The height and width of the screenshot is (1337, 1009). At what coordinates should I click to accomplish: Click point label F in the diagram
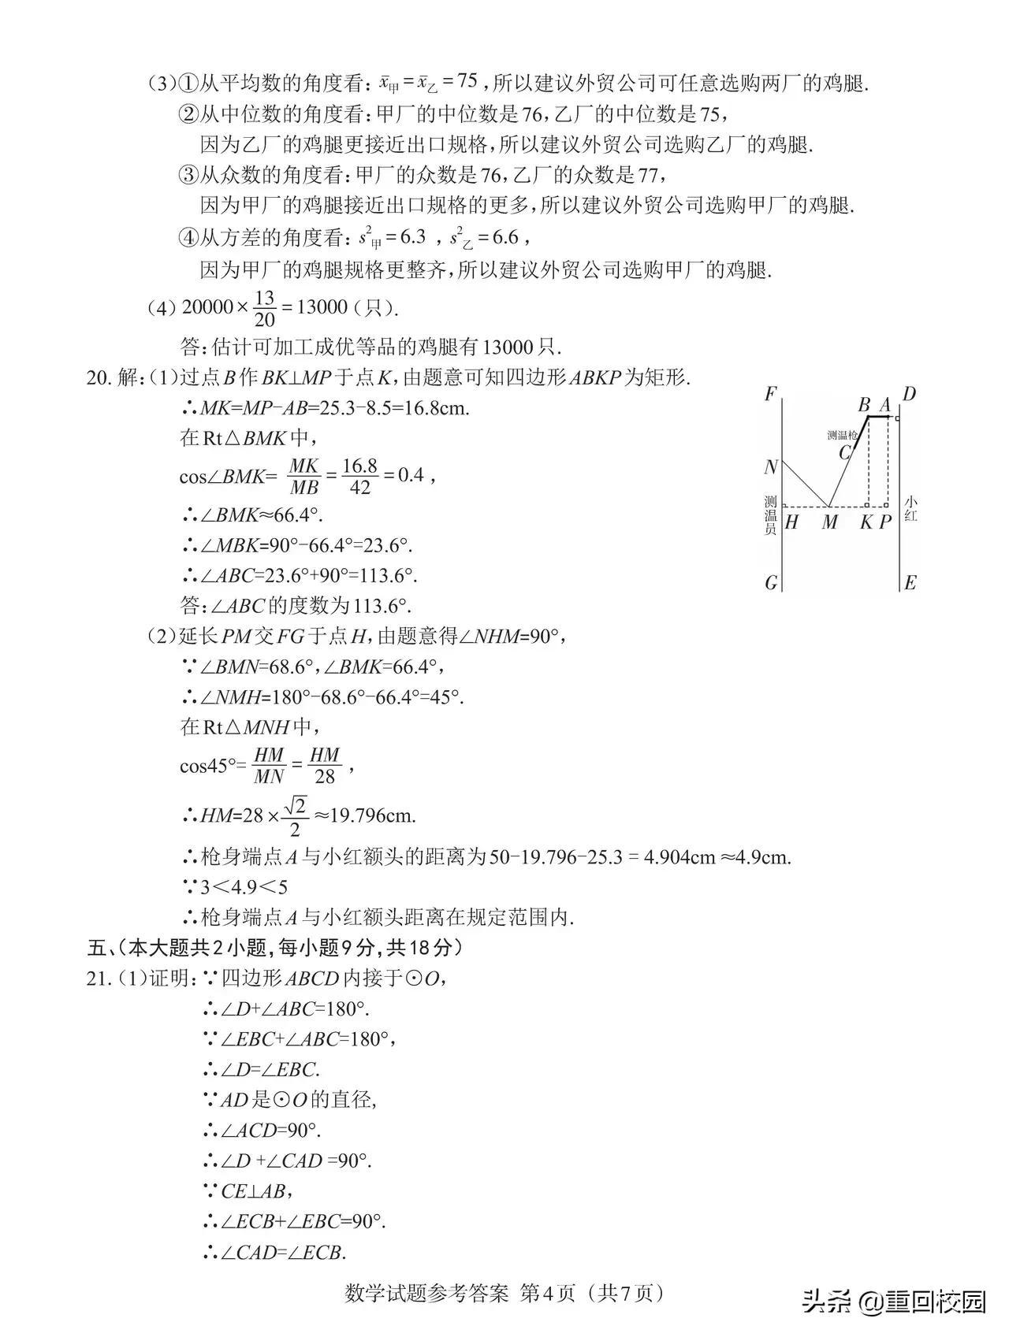click(x=771, y=394)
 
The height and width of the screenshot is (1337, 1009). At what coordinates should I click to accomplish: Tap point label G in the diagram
click(x=771, y=583)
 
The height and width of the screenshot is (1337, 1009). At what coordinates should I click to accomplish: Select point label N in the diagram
click(x=770, y=466)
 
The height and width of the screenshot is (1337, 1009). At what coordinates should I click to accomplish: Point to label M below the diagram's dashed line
click(x=829, y=522)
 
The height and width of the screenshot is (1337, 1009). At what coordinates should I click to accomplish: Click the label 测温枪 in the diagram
click(x=842, y=435)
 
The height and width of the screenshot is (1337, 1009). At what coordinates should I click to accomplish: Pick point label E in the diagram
click(x=910, y=583)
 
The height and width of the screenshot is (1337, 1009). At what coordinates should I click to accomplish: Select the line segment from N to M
click(x=804, y=485)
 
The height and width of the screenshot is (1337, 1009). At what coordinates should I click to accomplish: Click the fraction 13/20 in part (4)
click(x=265, y=308)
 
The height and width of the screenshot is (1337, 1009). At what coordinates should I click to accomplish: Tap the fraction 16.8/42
click(x=359, y=476)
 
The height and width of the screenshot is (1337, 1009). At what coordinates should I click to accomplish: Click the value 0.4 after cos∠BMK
click(x=410, y=475)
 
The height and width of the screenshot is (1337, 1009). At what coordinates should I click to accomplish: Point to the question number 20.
click(x=97, y=378)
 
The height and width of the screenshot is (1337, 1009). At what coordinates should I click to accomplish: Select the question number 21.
click(x=97, y=979)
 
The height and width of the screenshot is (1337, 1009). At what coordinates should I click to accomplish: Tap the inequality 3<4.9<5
click(x=244, y=887)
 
